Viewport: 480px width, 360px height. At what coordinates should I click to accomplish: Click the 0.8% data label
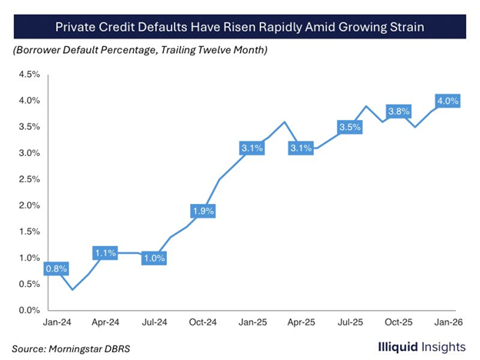[57, 269]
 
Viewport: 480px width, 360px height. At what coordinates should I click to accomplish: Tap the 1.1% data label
[106, 252]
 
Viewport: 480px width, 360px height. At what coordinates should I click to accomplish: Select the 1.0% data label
[154, 258]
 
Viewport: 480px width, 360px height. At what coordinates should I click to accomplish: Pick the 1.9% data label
[202, 211]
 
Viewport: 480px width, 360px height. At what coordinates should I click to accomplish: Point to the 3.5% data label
[349, 127]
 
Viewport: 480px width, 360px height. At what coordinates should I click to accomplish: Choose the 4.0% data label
[447, 101]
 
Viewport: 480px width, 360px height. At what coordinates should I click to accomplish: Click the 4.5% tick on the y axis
[28, 75]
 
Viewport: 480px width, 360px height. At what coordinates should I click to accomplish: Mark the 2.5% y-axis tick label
[28, 179]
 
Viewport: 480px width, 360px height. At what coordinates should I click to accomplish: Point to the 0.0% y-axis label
[28, 311]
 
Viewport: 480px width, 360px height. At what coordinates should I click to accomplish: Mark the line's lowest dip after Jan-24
[73, 289]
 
